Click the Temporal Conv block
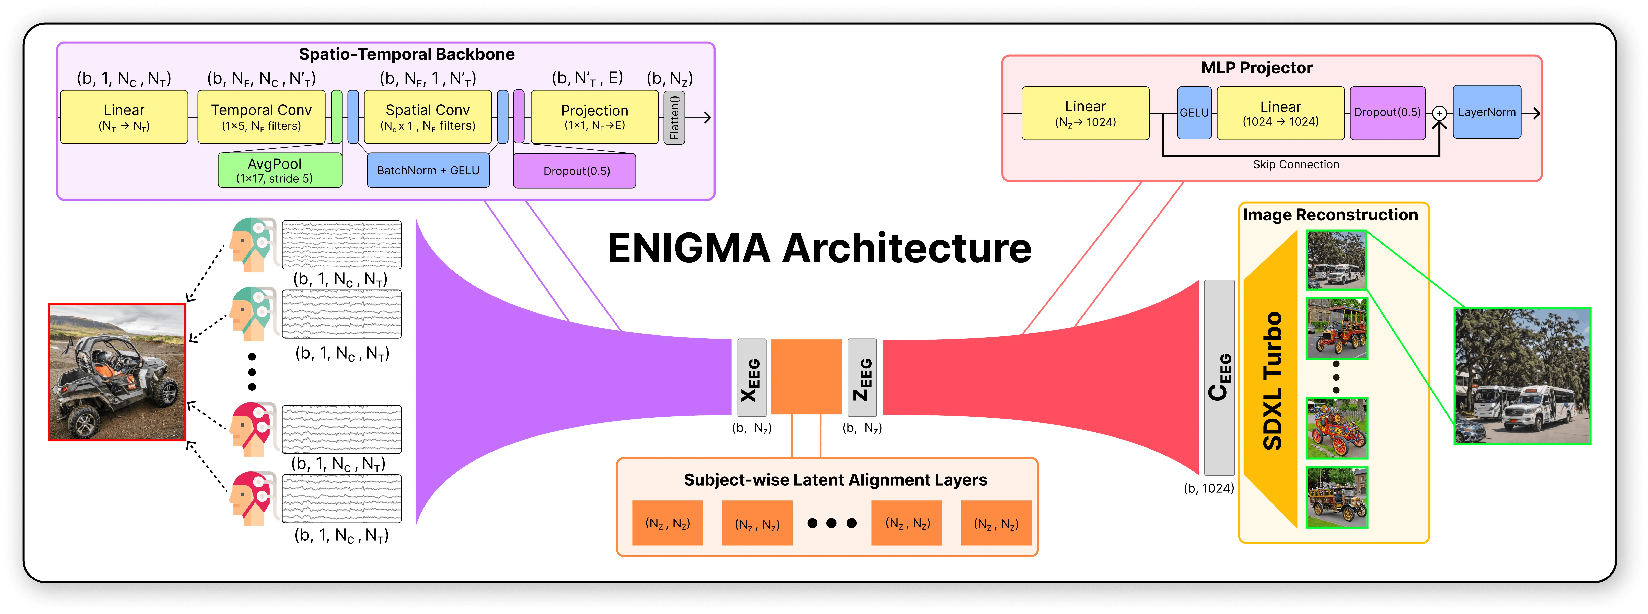(261, 116)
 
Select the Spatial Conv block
(427, 116)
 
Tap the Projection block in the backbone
(594, 116)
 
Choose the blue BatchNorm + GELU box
(428, 170)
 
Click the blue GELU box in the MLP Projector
(1194, 113)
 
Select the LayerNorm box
(1487, 112)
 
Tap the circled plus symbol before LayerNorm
(1439, 113)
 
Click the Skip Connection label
(1296, 164)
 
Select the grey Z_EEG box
(862, 378)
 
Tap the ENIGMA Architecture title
(819, 248)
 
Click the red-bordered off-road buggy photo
(117, 372)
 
